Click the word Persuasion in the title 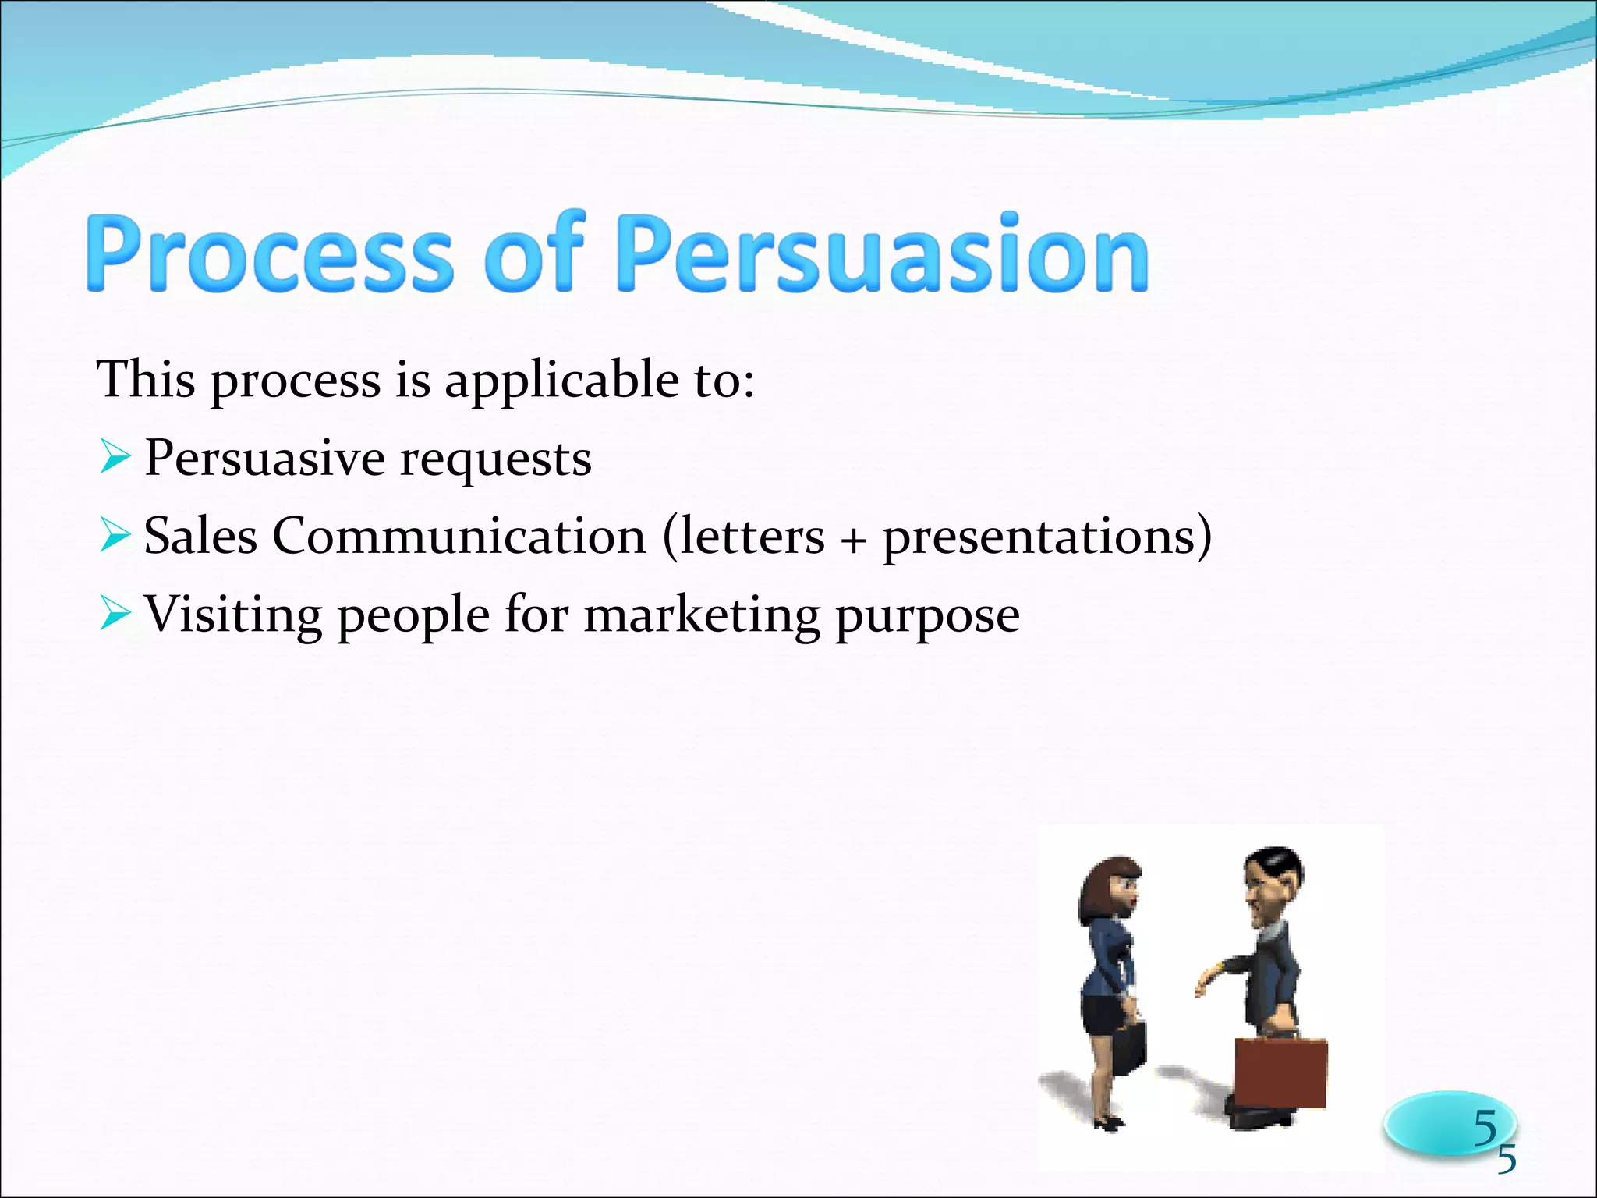[882, 254]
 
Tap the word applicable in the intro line [561, 380]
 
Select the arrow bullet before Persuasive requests [114, 458]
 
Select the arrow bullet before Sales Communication [114, 537]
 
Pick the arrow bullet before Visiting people [114, 615]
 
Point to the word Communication [459, 537]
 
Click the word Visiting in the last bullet [233, 615]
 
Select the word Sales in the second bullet [200, 537]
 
